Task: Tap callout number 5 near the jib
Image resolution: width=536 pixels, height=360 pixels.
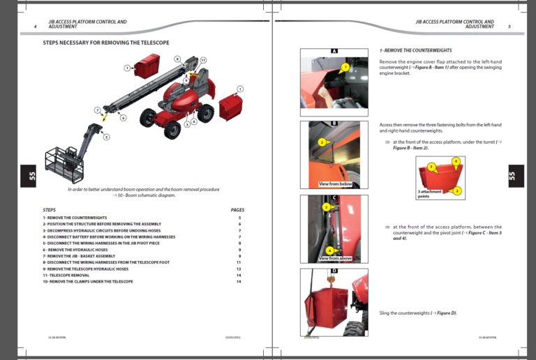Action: click(x=107, y=137)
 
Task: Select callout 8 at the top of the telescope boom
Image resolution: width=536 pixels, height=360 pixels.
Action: click(x=177, y=59)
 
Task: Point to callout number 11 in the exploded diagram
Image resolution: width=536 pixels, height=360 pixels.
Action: click(x=203, y=61)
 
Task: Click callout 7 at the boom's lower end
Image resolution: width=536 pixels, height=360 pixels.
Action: click(x=98, y=110)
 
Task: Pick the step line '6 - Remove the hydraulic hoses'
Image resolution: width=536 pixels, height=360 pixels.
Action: click(x=75, y=249)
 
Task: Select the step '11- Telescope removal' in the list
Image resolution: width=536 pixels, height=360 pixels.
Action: click(x=69, y=275)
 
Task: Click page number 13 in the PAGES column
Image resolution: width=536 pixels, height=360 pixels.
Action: click(x=238, y=269)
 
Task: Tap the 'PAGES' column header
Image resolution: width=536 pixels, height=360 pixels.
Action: click(x=237, y=209)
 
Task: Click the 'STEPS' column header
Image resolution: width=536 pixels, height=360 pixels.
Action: click(x=50, y=209)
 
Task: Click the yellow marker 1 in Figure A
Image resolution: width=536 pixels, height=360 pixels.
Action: click(x=345, y=68)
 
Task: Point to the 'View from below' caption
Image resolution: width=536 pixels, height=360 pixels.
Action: click(x=335, y=184)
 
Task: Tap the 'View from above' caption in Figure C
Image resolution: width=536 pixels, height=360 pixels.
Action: click(x=335, y=258)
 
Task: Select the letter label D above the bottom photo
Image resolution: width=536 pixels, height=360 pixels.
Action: click(x=334, y=270)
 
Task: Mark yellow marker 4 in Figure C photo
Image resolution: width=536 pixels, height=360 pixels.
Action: click(x=329, y=250)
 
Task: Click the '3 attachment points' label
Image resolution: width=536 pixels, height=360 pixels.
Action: click(x=428, y=194)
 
